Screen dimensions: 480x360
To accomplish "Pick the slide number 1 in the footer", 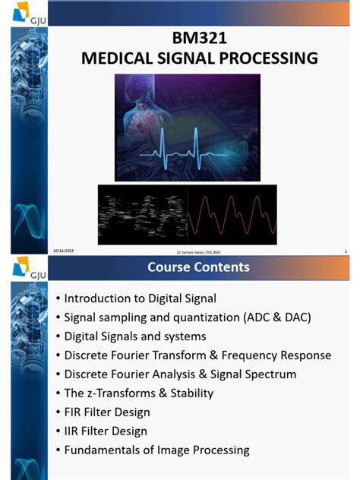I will [x=345, y=251].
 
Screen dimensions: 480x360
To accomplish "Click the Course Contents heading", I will [x=198, y=267].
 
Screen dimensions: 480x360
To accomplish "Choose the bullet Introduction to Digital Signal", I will [x=140, y=298].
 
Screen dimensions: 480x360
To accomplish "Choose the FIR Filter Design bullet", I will [x=106, y=412].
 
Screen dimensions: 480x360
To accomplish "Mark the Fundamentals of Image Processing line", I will [x=156, y=450].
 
